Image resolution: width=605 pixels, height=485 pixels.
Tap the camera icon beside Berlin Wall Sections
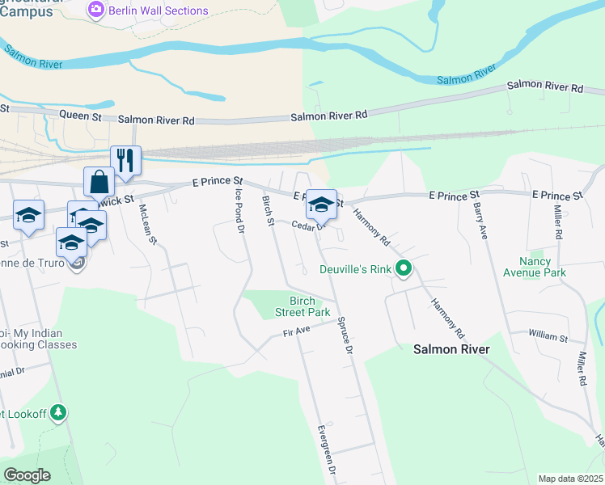[x=97, y=11]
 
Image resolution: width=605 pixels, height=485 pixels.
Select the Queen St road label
[x=85, y=117]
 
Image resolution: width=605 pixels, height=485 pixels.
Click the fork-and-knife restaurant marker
[x=125, y=160]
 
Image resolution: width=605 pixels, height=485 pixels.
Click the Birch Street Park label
[x=302, y=306]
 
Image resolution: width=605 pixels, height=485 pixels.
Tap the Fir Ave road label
[x=297, y=331]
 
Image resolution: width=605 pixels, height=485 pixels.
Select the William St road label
[x=549, y=333]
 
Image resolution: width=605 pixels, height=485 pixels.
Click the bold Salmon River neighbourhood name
[x=451, y=349]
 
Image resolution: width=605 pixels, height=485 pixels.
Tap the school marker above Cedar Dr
[x=321, y=205]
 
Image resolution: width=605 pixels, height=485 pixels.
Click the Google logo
[x=27, y=475]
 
